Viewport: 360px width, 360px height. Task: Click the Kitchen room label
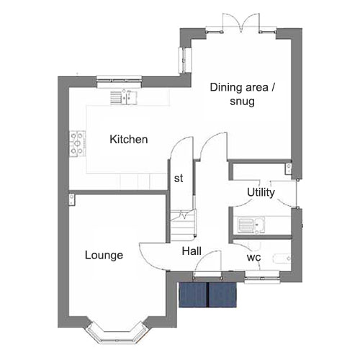coord(129,140)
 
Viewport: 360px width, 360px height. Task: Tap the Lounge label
coord(104,256)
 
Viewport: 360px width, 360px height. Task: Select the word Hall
coord(192,251)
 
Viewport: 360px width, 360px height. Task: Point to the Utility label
coord(261,192)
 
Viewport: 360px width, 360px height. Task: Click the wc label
coord(253,258)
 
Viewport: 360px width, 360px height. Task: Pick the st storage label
coord(179,179)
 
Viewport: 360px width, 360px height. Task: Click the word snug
coord(242,102)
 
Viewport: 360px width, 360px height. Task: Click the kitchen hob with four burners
coord(78,144)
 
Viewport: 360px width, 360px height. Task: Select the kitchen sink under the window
coord(124,97)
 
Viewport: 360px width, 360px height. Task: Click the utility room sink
coord(251,225)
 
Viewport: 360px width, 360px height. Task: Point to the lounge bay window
coord(116,333)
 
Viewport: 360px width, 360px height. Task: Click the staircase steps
coord(183,225)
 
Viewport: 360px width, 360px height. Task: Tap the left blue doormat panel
coord(193,294)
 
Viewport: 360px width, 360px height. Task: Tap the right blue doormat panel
coord(222,294)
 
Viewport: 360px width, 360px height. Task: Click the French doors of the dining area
coord(241,23)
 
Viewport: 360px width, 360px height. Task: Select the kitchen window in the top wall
coord(120,81)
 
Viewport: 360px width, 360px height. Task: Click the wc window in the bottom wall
coord(262,277)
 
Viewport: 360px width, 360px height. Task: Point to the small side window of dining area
coord(185,60)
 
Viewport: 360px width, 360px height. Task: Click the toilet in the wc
coord(282,258)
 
